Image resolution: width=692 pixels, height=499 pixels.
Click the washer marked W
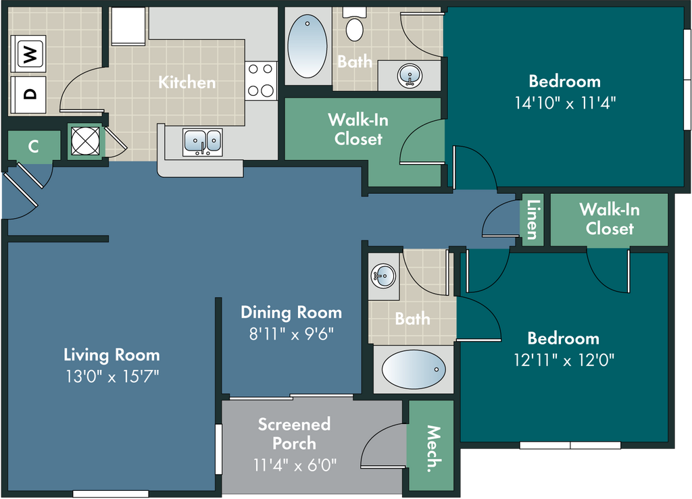tap(28, 53)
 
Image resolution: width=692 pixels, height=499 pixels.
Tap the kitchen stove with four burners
tap(261, 80)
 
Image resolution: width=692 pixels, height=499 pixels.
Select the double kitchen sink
tap(203, 142)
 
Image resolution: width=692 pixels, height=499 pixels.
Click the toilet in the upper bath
tap(354, 25)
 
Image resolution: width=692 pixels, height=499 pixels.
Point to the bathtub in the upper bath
tap(307, 47)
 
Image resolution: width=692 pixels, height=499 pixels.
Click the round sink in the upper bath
tap(410, 76)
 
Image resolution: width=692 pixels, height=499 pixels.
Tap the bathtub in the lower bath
tap(414, 369)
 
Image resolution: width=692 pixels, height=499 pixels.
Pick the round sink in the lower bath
tap(383, 276)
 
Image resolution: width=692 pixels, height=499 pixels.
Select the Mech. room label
tap(434, 449)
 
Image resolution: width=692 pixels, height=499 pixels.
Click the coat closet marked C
tap(34, 146)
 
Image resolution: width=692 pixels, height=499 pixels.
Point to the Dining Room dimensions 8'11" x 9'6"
tap(291, 334)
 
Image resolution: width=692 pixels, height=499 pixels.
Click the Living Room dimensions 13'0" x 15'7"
tap(112, 377)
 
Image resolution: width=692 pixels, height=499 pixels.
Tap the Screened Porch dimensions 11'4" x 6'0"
tap(295, 465)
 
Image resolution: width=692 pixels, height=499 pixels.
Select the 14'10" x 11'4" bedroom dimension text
tap(565, 103)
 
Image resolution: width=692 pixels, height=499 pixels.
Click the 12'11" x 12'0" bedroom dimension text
tap(564, 360)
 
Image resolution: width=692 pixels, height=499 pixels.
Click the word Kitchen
tap(187, 82)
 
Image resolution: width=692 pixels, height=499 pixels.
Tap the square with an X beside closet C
tap(85, 141)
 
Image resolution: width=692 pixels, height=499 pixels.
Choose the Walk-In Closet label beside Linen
tap(610, 219)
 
